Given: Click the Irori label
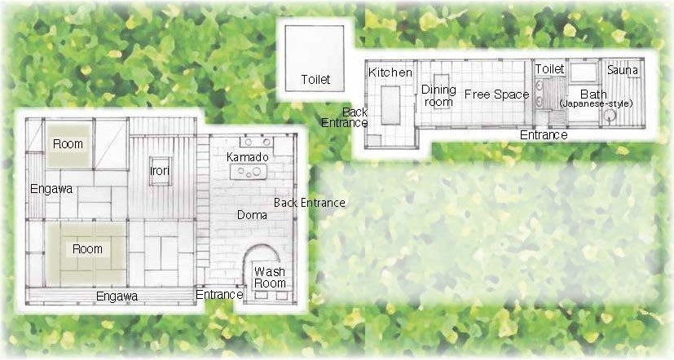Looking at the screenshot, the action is [x=160, y=171].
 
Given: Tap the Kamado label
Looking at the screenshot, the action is [x=248, y=157].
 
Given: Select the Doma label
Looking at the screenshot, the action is [x=253, y=215].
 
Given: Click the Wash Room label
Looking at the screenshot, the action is [x=270, y=278].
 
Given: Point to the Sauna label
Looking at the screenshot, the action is [x=623, y=70].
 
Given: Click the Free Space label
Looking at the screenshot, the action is [x=497, y=94].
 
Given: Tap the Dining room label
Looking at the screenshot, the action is [x=438, y=96].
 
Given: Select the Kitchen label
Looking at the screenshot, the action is [x=390, y=72].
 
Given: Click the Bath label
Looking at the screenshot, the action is [x=593, y=94].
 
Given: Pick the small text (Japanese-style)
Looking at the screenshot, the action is [x=596, y=103].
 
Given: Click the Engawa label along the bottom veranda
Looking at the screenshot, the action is [x=117, y=296].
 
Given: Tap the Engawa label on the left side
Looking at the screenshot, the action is [x=51, y=189].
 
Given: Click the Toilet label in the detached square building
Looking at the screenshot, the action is [x=315, y=80].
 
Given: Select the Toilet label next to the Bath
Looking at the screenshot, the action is [x=550, y=68].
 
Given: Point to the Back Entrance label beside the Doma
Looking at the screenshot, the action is [x=310, y=203].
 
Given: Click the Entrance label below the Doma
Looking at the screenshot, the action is [x=219, y=295].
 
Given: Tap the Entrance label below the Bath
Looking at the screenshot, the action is [x=544, y=135].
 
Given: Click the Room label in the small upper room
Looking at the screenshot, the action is [x=68, y=144].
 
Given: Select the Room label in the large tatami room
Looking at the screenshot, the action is [x=87, y=249].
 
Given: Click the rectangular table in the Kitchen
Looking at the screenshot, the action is [x=390, y=105].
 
